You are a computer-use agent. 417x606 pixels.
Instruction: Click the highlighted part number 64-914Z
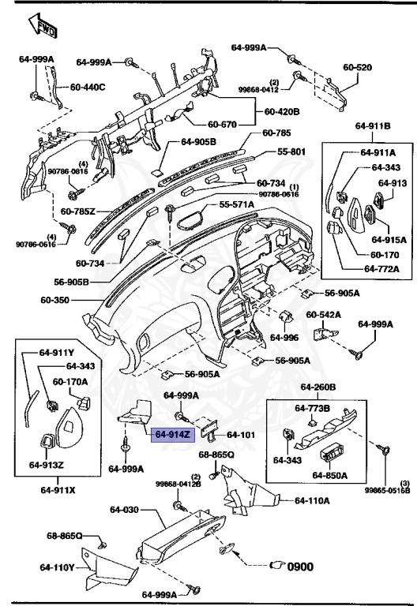coord(171,434)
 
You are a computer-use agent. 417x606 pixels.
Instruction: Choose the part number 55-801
coord(292,151)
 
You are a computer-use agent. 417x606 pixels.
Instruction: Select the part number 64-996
coord(284,337)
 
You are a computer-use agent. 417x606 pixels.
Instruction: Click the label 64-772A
coord(382,269)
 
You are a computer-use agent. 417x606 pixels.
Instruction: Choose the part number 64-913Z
coord(47,464)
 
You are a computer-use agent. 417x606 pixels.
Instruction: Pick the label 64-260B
coord(318,387)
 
